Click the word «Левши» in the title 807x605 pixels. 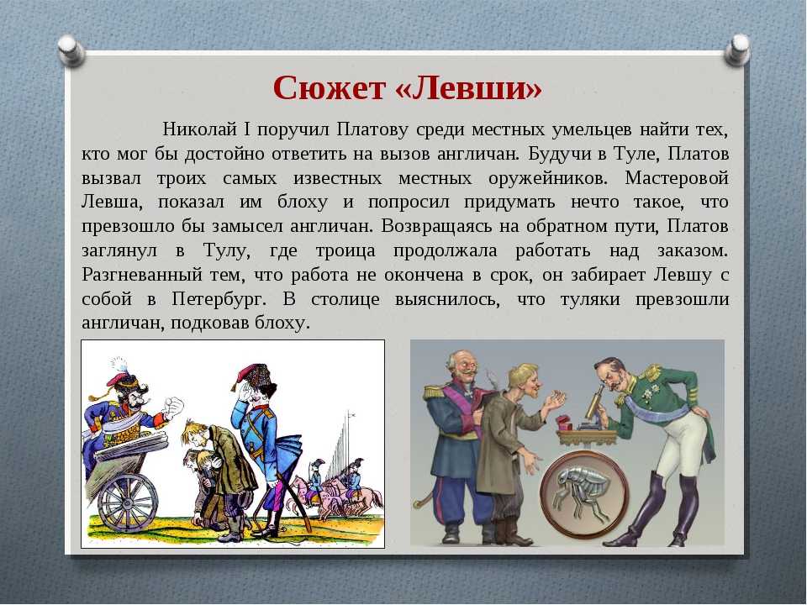click(x=469, y=88)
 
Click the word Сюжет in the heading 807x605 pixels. click(x=329, y=88)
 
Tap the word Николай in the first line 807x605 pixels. click(x=200, y=129)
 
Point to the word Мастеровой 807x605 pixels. click(x=677, y=178)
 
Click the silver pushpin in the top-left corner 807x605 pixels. click(x=71, y=50)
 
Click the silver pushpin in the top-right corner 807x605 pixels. click(x=737, y=50)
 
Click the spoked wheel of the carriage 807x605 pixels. click(x=127, y=501)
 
